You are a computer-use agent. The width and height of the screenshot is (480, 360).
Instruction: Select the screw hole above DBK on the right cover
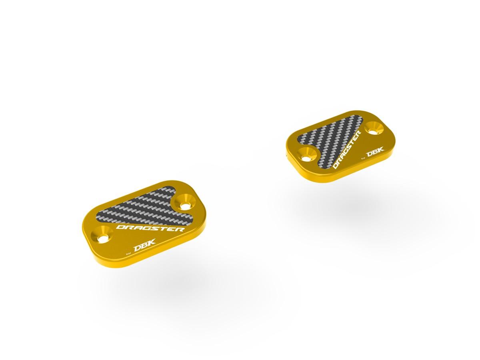(x=375, y=127)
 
